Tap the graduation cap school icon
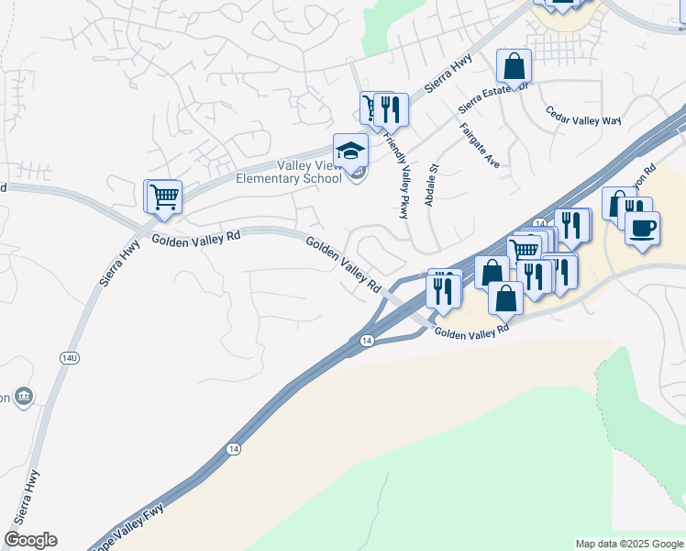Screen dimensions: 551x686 349,151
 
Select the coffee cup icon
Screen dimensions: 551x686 642,227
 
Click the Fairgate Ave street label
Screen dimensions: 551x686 480,145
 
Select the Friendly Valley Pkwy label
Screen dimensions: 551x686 396,174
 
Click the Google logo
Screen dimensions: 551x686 30,540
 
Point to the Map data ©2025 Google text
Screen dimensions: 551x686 628,544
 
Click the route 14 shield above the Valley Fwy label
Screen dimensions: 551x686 233,449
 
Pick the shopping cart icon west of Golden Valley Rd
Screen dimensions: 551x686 163,196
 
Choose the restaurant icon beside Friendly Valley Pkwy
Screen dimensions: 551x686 392,109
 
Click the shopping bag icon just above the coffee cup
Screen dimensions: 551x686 618,203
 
